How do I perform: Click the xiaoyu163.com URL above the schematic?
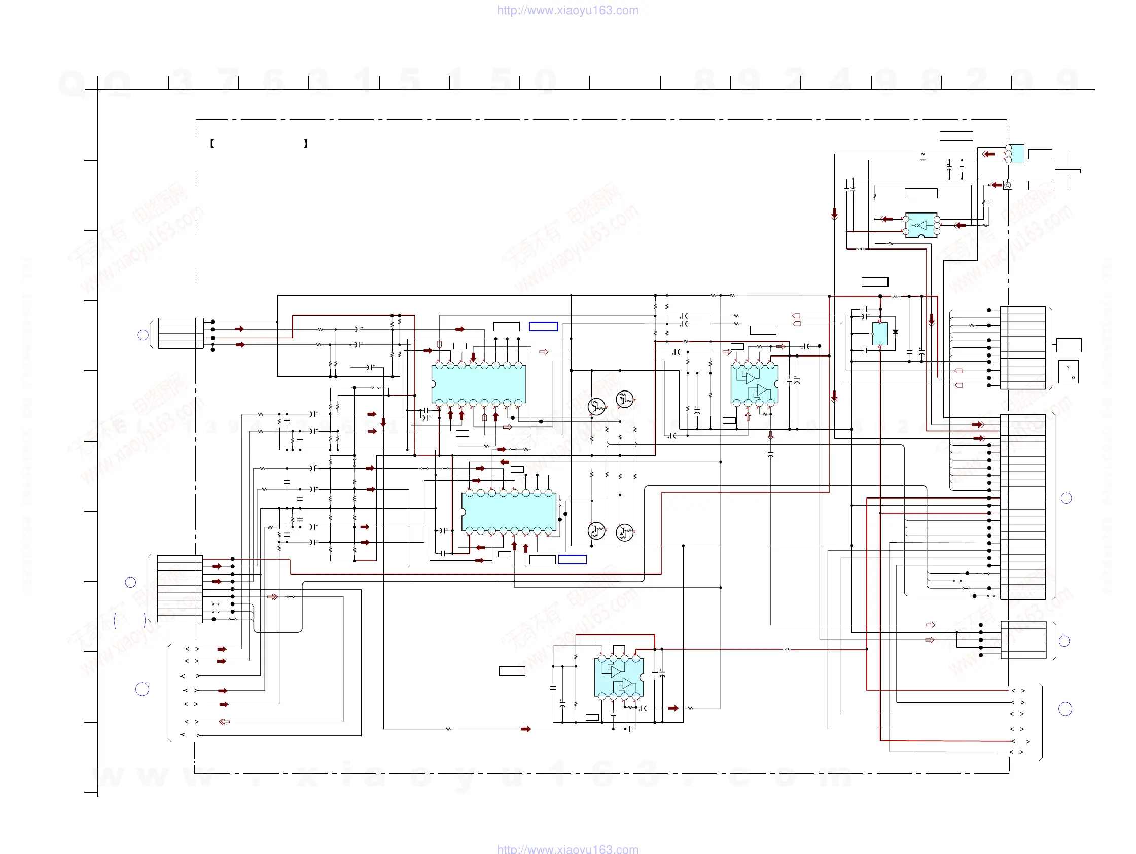(x=567, y=10)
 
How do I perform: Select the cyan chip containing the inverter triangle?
(x=921, y=225)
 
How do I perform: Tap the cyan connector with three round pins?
(x=1015, y=154)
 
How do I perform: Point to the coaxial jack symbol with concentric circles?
(x=1008, y=185)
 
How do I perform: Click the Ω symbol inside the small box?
(x=1073, y=378)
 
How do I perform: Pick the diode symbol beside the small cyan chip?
(x=895, y=332)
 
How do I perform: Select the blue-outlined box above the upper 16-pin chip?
(x=543, y=326)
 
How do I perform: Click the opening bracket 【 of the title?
(x=211, y=144)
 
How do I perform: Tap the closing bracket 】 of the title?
(x=306, y=144)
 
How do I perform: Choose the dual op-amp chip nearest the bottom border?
(x=619, y=678)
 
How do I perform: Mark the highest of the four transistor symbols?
(x=624, y=399)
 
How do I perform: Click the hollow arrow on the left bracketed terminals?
(x=224, y=722)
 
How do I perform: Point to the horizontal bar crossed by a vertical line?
(x=1067, y=171)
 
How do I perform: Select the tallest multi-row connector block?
(x=1022, y=507)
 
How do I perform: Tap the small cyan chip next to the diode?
(x=880, y=334)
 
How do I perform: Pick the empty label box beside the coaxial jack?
(x=1040, y=186)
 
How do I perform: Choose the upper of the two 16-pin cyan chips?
(x=479, y=384)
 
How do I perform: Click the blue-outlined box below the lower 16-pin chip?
(x=572, y=560)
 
